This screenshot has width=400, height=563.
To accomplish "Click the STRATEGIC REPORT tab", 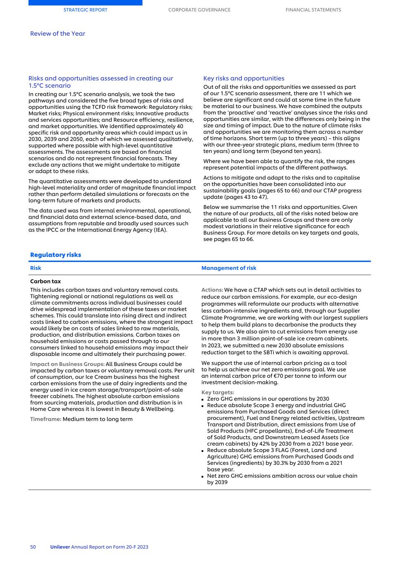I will (85, 10).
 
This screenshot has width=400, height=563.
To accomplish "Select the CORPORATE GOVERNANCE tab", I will (199, 10).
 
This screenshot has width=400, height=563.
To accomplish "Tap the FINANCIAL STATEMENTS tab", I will (313, 10).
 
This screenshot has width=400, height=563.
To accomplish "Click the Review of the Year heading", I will (57, 34).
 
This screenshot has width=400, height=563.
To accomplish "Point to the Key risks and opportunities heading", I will (244, 78).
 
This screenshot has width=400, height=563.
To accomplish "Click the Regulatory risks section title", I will (55, 255).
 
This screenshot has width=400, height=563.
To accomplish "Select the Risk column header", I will (36, 268).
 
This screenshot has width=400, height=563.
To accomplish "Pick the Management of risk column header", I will (229, 268).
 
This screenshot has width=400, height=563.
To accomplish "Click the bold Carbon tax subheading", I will (45, 281).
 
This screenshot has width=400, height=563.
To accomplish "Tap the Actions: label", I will (212, 290).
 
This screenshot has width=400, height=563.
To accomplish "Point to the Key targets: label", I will (217, 393).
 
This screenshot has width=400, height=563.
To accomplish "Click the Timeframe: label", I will (45, 419).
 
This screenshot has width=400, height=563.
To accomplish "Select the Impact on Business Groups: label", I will (67, 364).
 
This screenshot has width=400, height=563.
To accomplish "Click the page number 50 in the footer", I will (33, 547).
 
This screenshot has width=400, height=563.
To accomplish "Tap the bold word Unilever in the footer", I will (60, 547).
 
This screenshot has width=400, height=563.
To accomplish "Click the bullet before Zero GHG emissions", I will (203, 399).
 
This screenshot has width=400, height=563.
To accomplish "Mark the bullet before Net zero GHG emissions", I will (203, 476).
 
